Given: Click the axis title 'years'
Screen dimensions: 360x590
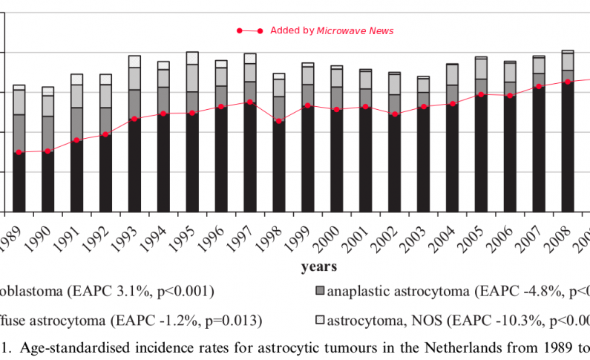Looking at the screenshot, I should [x=318, y=266].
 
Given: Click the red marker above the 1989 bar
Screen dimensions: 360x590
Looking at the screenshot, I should [x=19, y=153].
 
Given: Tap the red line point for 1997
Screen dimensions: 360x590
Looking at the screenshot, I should [x=250, y=102].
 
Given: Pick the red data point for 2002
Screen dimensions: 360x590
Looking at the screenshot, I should [x=395, y=114].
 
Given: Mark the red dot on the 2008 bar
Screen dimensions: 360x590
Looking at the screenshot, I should [x=568, y=82].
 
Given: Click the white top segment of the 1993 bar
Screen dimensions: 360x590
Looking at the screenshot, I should [x=134, y=61].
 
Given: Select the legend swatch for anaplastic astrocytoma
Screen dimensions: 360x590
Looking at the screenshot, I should [x=320, y=291].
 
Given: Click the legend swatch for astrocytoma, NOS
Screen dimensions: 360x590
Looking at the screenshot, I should [x=320, y=321].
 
